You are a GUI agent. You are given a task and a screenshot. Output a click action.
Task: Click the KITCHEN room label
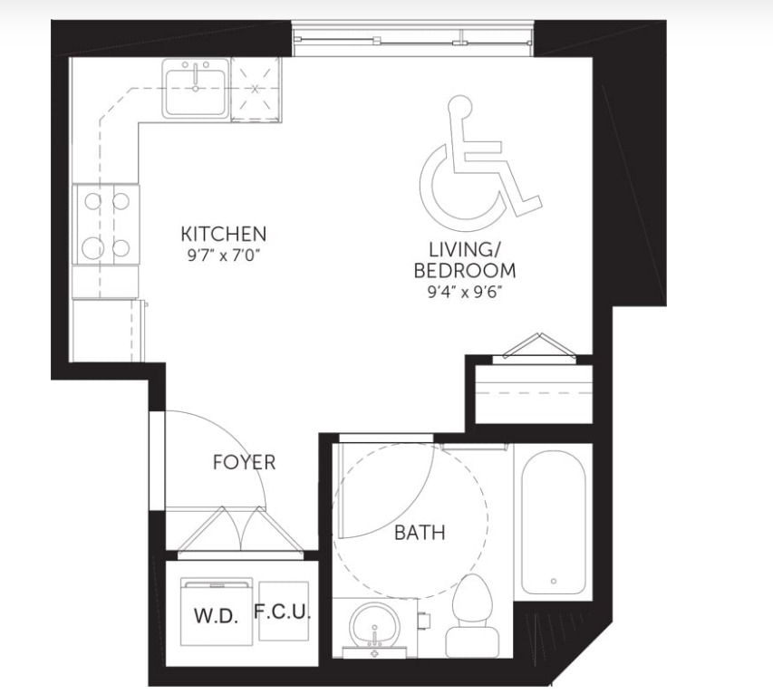tap(224, 234)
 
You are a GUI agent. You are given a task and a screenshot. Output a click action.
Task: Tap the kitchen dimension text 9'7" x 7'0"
tap(223, 255)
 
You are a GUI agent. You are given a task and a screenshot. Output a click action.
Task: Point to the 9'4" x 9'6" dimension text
tap(464, 293)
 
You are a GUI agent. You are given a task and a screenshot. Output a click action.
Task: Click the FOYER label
tap(244, 462)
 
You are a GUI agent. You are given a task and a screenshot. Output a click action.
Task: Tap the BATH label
tap(420, 533)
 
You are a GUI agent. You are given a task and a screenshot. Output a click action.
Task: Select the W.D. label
tap(217, 616)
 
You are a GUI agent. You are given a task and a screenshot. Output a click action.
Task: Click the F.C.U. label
tap(283, 612)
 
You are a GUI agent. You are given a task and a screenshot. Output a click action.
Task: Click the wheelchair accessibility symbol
tap(480, 164)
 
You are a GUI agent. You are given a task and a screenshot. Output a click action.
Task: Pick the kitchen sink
tap(196, 89)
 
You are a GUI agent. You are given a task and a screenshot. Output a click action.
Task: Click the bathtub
tap(553, 524)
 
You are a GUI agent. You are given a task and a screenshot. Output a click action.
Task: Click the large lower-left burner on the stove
tap(92, 248)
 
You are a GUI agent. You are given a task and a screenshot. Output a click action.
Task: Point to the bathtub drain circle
tap(554, 581)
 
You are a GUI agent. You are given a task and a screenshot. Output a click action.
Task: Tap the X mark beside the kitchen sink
tap(255, 89)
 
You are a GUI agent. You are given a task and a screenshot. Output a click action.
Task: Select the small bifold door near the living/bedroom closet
tap(540, 348)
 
